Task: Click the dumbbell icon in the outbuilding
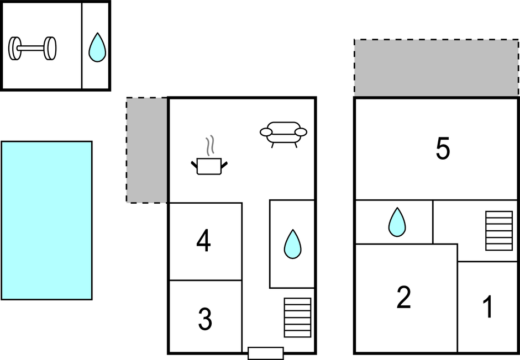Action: (x=33, y=48)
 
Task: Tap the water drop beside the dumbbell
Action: (x=97, y=47)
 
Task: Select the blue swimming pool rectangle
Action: (x=46, y=220)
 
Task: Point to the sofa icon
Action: (x=283, y=133)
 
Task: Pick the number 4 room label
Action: (x=204, y=241)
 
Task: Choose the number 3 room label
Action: (x=205, y=319)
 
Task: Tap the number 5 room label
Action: (x=443, y=149)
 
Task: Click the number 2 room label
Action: (x=404, y=298)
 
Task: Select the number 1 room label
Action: (x=488, y=308)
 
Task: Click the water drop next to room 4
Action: (x=292, y=244)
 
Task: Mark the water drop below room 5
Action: (x=397, y=222)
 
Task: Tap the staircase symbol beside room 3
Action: (x=297, y=317)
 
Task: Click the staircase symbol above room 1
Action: (x=499, y=231)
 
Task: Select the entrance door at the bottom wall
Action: (x=265, y=353)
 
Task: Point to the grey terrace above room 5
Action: (x=437, y=68)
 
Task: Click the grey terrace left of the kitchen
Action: (x=147, y=150)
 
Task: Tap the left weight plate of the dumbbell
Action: (x=14, y=48)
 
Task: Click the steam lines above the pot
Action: (x=210, y=146)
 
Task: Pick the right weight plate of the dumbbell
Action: (x=51, y=48)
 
